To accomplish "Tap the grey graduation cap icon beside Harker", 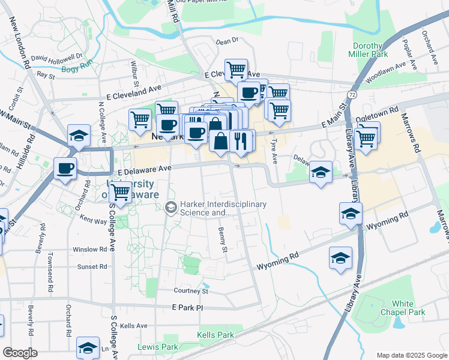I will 170,208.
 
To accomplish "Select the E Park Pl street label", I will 188,307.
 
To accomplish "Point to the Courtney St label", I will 190,291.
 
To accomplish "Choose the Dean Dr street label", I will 227,41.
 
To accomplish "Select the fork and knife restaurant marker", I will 242,141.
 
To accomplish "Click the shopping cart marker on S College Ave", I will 121,193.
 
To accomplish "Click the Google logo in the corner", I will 20,353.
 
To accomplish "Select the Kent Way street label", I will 92,221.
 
